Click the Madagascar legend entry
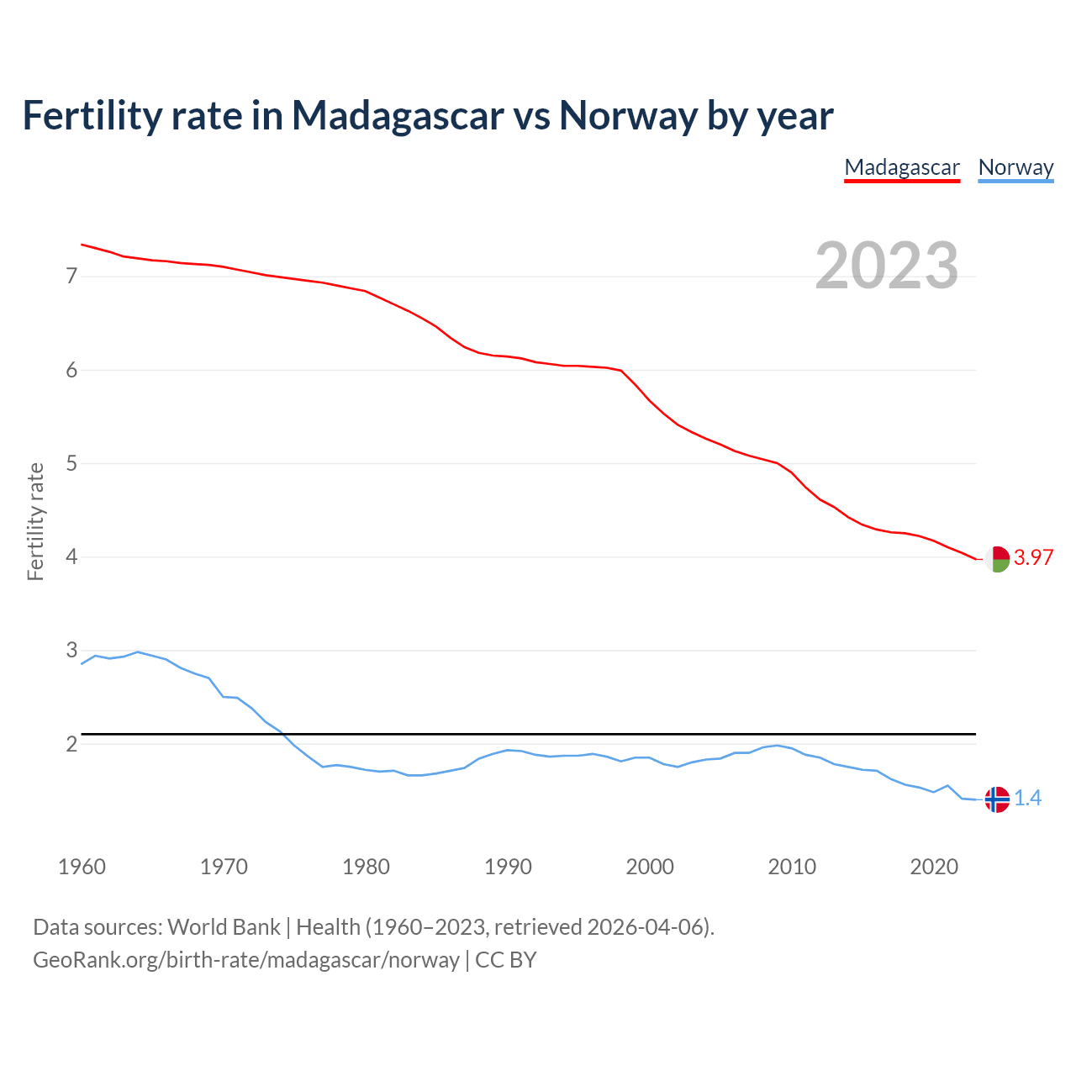point(901,167)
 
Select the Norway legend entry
point(1015,167)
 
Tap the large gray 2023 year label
point(887,266)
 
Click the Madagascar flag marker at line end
point(997,559)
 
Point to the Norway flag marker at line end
point(997,799)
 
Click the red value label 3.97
point(1033,557)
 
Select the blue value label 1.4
point(1027,799)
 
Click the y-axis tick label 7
point(71,277)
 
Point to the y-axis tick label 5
point(71,463)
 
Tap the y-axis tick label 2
point(71,744)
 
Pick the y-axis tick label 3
point(71,651)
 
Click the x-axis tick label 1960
point(82,867)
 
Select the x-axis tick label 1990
point(508,867)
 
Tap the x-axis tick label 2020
point(934,867)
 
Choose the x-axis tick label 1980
point(366,867)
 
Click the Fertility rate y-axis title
point(35,521)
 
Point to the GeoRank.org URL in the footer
point(245,960)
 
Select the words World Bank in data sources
point(224,927)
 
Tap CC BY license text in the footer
point(506,960)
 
